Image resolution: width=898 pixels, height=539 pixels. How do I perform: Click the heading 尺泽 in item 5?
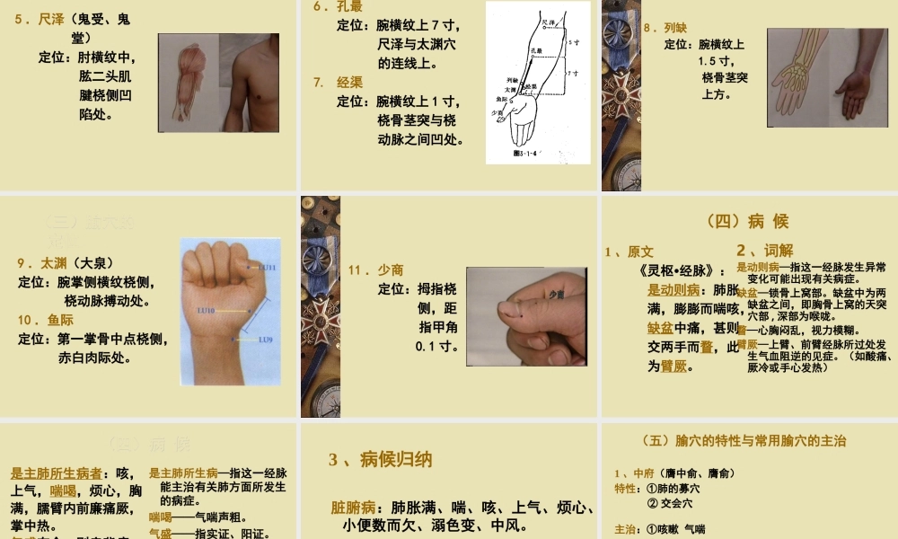click(x=51, y=19)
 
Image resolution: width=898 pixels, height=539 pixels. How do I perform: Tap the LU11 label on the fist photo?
click(x=268, y=268)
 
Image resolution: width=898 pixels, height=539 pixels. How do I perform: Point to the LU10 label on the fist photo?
click(x=206, y=311)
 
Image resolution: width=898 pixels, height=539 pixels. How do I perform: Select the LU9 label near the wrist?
click(x=265, y=340)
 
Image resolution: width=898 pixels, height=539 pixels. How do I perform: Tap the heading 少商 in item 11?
click(x=391, y=269)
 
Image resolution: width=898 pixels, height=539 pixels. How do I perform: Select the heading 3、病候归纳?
click(x=381, y=460)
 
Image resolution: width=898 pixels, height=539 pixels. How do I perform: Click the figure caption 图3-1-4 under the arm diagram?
click(x=522, y=153)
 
